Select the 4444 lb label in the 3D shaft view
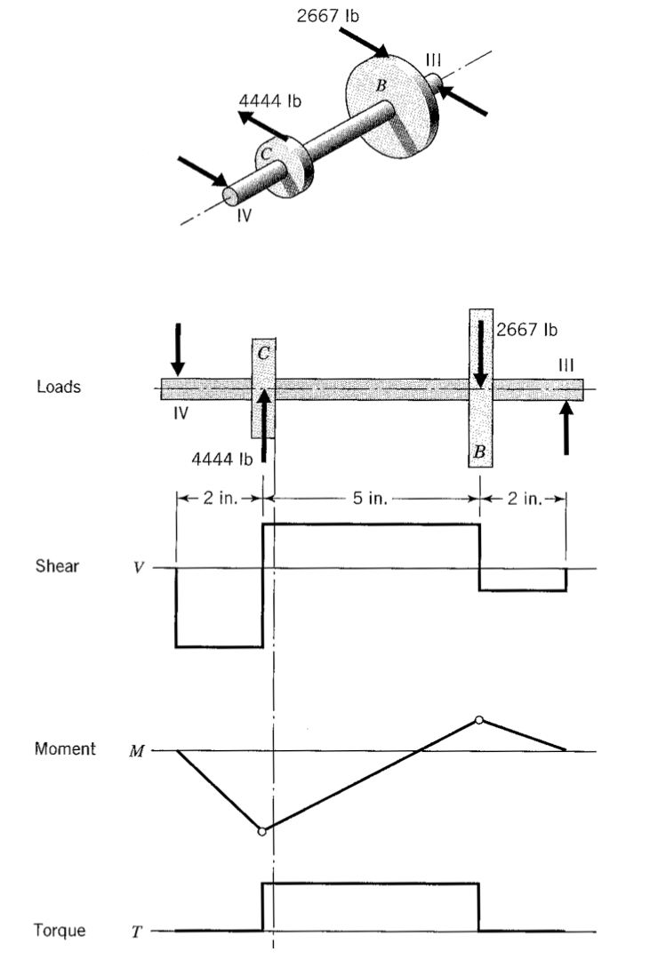coord(270,100)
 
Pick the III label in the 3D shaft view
coord(433,60)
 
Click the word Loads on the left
coord(58,388)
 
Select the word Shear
coord(57,567)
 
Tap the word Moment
coord(65,749)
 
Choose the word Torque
coord(60,931)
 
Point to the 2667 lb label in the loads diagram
coord(526,331)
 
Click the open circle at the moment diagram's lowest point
coord(261,831)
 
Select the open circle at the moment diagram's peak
coord(480,719)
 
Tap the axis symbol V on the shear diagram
coord(137,568)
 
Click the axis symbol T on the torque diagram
coord(137,932)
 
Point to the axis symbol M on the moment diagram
coord(136,751)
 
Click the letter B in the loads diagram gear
coord(480,452)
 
